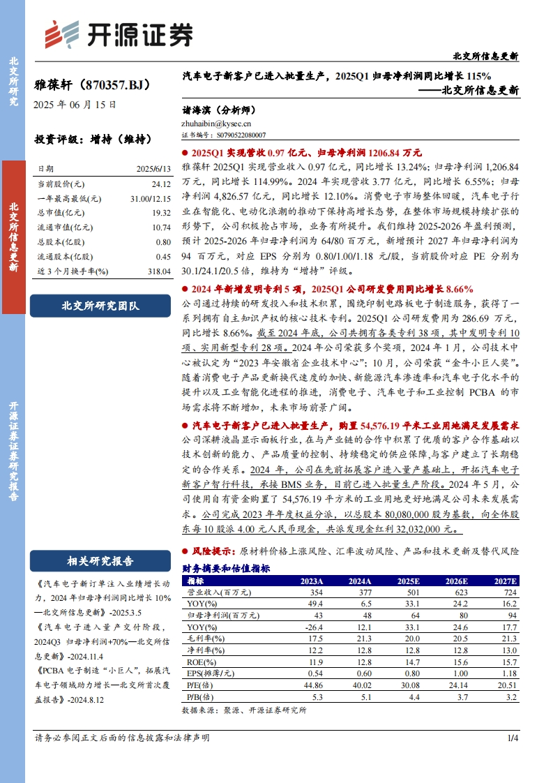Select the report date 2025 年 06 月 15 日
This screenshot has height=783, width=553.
tap(75, 105)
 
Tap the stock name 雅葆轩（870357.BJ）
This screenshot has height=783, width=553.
tap(92, 85)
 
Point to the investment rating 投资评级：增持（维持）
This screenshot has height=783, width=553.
tap(93, 139)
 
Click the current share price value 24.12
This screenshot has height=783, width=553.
tap(160, 184)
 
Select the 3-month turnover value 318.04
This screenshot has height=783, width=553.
tap(158, 271)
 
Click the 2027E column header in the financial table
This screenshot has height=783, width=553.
tap(503, 581)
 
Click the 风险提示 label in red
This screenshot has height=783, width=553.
tap(213, 551)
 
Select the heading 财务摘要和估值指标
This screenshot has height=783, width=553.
tap(226, 568)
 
